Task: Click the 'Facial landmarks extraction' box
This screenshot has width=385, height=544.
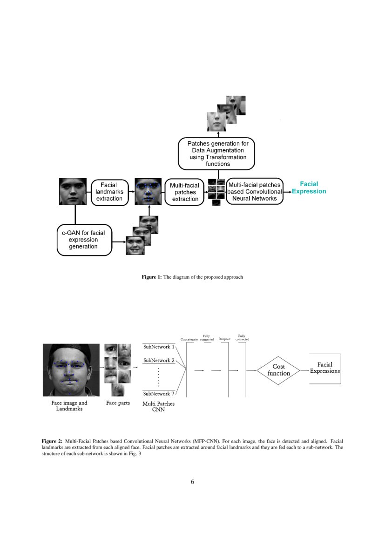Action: [x=109, y=192]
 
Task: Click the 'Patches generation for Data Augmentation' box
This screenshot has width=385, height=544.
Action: [x=218, y=154]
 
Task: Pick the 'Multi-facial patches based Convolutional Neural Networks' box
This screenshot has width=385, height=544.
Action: [x=255, y=192]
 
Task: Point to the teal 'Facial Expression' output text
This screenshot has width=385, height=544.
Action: [x=309, y=188]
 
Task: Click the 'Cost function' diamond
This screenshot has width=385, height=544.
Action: [x=279, y=370]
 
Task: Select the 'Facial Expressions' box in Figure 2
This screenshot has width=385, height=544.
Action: [x=325, y=368]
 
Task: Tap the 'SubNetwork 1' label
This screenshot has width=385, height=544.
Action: [x=159, y=347]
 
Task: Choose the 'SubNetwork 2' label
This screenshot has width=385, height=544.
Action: [x=159, y=360]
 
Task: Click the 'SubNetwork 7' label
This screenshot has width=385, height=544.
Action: [x=159, y=393]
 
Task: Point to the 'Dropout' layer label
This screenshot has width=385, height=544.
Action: [x=224, y=339]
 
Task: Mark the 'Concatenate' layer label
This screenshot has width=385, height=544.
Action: [x=189, y=339]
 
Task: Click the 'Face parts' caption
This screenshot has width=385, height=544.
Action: [x=118, y=403]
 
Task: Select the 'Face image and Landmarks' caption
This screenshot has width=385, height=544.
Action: [x=69, y=406]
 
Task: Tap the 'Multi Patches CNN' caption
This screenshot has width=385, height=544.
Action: [x=159, y=407]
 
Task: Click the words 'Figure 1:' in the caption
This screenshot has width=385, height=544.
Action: [x=152, y=277]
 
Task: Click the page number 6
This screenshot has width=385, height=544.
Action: [x=192, y=482]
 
